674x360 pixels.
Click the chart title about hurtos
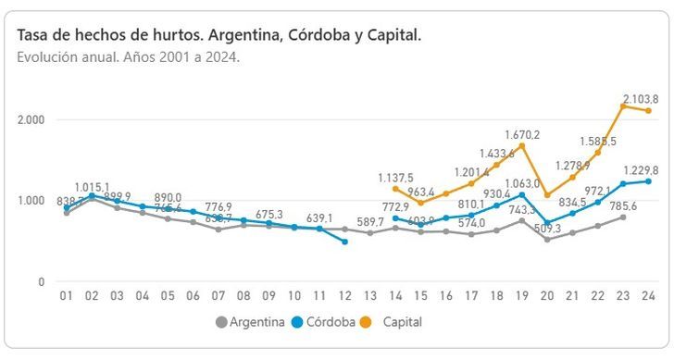[218, 34]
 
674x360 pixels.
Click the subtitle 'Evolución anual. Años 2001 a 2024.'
[129, 56]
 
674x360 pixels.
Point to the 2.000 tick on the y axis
[30, 119]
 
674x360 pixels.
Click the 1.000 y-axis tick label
[30, 200]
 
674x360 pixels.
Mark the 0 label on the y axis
[42, 281]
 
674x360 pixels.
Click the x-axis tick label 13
[369, 296]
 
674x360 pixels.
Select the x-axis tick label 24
[647, 296]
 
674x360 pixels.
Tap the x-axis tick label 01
[67, 296]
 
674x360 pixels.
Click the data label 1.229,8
[641, 170]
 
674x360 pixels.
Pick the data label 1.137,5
[396, 177]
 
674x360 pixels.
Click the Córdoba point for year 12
[344, 242]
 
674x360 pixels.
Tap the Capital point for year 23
[622, 106]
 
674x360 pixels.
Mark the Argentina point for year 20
[546, 240]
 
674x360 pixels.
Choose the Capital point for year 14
[395, 189]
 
